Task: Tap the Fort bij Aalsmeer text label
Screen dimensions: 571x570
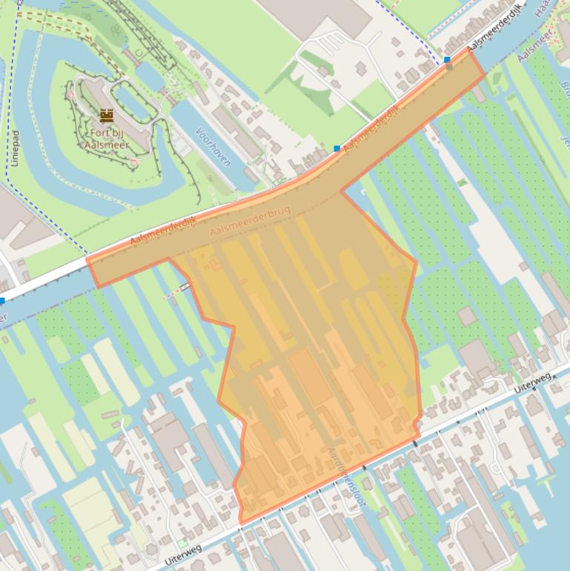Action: click(107, 139)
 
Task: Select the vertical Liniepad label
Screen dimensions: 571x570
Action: click(15, 148)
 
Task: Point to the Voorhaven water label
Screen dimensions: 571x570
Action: click(212, 145)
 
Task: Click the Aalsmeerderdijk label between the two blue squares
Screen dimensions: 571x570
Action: click(372, 123)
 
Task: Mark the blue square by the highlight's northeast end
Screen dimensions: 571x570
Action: click(447, 59)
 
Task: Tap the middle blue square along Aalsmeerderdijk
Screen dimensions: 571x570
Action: click(337, 149)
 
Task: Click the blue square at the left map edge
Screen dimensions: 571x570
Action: click(3, 301)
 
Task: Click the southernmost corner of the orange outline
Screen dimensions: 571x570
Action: click(241, 524)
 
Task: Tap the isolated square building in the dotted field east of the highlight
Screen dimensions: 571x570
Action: click(467, 316)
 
